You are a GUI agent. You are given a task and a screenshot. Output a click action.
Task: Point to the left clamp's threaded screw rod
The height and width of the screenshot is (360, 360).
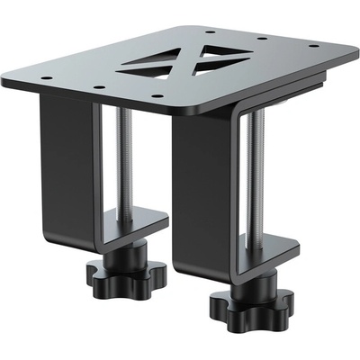click(126, 162)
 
